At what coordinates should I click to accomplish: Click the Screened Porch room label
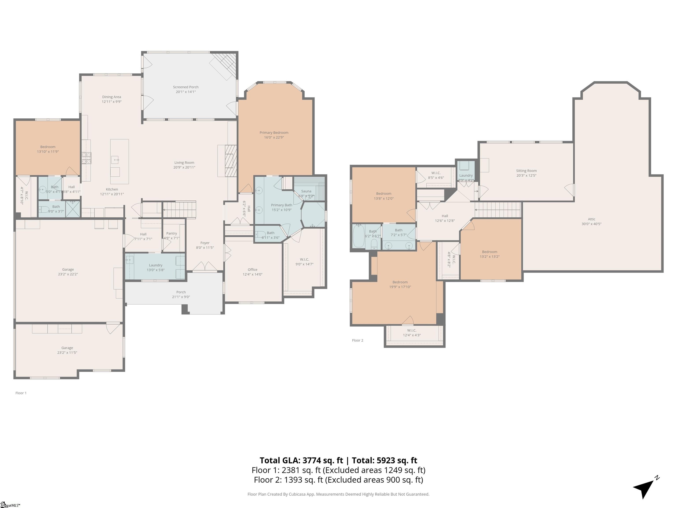click(x=186, y=87)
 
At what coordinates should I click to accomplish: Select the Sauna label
click(x=306, y=191)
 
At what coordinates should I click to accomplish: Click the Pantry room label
click(x=171, y=233)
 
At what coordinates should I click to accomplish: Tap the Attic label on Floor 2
click(x=591, y=219)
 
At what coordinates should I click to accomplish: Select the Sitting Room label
click(x=526, y=171)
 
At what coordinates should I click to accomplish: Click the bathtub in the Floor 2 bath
click(x=358, y=236)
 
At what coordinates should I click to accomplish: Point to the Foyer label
click(x=205, y=243)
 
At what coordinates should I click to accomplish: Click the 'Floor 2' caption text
click(x=357, y=340)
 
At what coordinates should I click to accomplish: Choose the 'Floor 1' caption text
click(x=21, y=393)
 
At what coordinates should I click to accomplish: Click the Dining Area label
click(x=112, y=97)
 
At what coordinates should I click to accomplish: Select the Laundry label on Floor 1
click(x=156, y=265)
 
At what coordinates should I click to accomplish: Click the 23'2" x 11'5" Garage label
click(x=67, y=352)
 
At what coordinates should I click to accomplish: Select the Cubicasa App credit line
click(x=338, y=494)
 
